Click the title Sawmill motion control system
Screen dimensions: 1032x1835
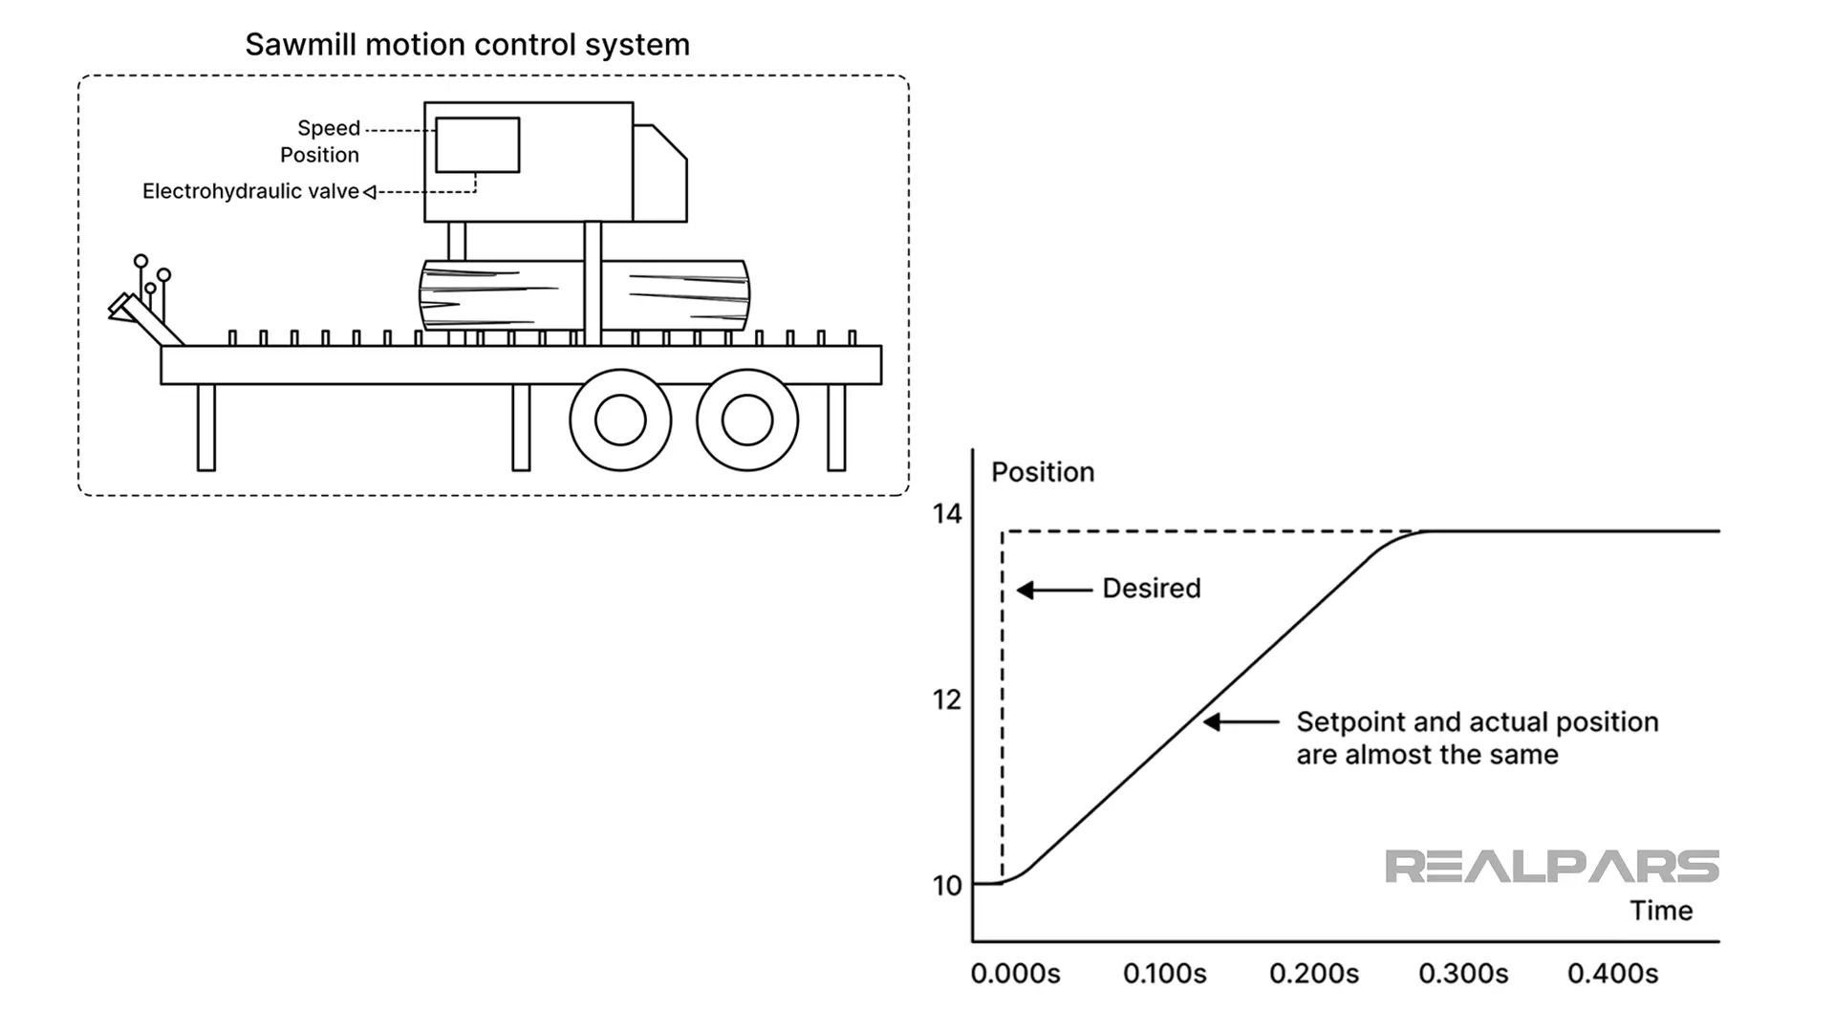coord(467,45)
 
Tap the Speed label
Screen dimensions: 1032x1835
coord(328,128)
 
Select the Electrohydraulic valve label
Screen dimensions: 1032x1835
coord(250,191)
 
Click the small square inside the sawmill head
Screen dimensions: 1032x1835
coord(477,145)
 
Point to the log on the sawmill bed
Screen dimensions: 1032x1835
coord(669,294)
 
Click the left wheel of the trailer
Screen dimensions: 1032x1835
coord(620,419)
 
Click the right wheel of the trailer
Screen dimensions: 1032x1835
coord(747,419)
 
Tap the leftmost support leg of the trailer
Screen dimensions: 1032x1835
coord(205,427)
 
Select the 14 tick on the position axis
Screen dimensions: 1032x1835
coord(947,514)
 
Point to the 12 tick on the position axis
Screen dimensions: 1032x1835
coord(947,699)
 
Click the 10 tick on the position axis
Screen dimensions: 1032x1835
coord(947,886)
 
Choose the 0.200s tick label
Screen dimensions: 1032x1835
coord(1313,974)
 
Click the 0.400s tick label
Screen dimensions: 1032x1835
coord(1612,974)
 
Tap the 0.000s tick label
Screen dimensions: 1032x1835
coord(1015,974)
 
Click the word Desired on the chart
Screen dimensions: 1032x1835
coord(1151,589)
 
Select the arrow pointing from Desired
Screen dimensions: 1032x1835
coord(1053,591)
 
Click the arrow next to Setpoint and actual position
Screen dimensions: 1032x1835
coord(1241,722)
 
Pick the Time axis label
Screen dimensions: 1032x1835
coord(1661,911)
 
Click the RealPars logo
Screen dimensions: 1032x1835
coord(1551,867)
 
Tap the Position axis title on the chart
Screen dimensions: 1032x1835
coord(1042,472)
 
